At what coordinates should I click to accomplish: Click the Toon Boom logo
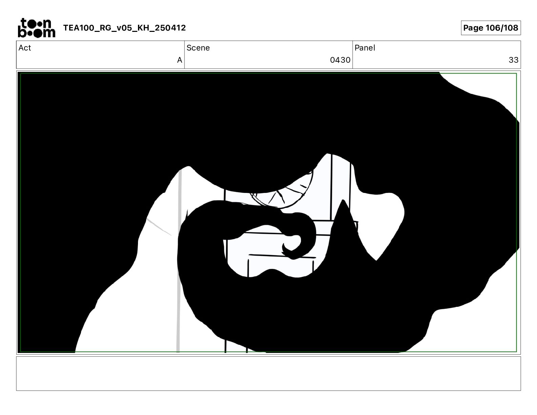[37, 28]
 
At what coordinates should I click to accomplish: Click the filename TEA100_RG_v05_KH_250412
[124, 28]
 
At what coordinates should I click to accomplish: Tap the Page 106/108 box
[491, 28]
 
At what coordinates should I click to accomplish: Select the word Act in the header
[25, 48]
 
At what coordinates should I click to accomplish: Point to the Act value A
[180, 60]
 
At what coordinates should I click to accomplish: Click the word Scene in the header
[198, 48]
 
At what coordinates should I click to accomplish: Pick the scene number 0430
[340, 60]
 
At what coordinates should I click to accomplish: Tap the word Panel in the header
[365, 48]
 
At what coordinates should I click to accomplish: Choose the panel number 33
[514, 60]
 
